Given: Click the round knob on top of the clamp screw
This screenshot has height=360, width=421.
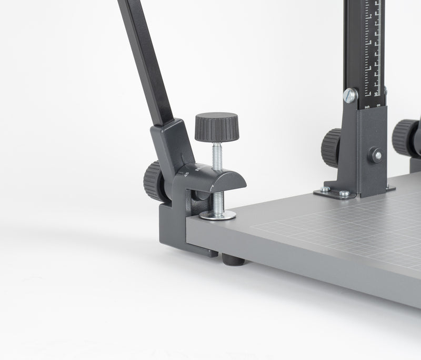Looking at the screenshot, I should [x=217, y=128].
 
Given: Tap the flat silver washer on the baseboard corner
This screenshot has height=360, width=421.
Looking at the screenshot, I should [x=218, y=215].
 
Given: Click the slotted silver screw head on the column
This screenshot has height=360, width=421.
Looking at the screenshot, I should [x=349, y=96].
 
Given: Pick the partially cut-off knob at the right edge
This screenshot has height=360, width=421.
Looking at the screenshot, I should [x=407, y=138].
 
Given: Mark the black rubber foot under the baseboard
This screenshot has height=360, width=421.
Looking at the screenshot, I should [x=230, y=259].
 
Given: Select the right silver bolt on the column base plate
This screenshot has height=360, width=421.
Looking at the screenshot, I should [x=344, y=194].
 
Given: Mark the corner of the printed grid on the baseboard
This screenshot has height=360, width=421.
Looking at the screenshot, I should [x=255, y=227].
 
